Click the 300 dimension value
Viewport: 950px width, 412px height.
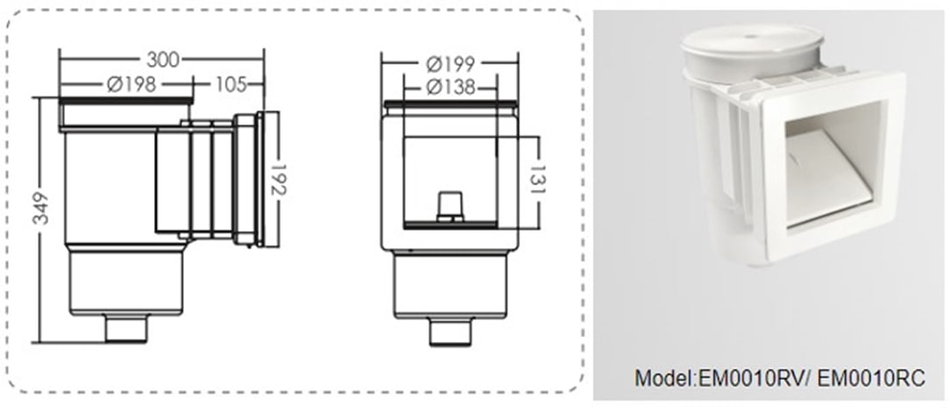click(163, 60)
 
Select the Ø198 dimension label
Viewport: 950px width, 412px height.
click(131, 84)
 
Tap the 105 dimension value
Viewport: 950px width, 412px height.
click(230, 84)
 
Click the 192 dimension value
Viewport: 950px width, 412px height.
click(279, 180)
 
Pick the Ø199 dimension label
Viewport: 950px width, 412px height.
click(450, 64)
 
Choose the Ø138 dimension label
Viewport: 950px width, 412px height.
click(450, 88)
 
